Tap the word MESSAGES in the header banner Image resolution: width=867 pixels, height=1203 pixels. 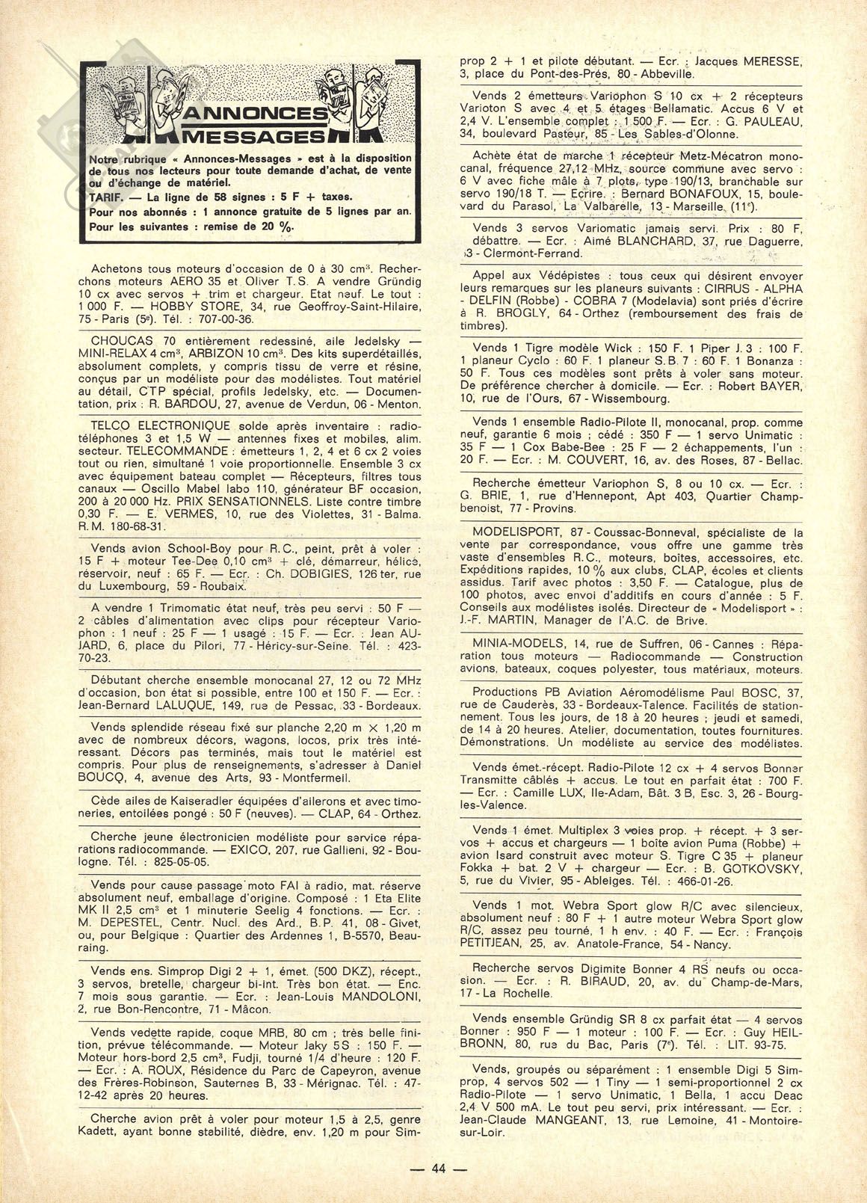(256, 136)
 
